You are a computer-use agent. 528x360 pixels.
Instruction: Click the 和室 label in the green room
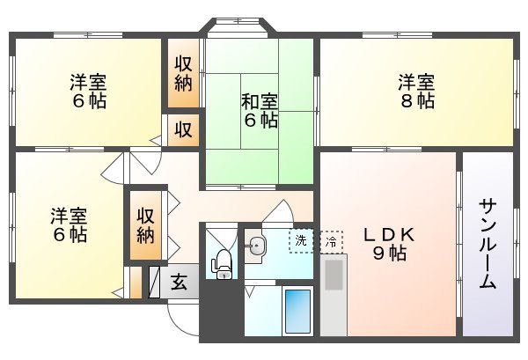260,100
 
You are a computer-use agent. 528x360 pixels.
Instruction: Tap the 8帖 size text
415,102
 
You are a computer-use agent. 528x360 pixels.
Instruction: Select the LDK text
385,235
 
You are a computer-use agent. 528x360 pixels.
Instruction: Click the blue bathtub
297,310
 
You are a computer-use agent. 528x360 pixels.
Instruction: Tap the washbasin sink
256,246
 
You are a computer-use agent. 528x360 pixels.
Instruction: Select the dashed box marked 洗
302,240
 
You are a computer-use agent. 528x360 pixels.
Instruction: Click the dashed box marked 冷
330,240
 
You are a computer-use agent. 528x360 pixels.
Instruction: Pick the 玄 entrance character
179,283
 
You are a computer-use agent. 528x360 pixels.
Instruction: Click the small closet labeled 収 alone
183,129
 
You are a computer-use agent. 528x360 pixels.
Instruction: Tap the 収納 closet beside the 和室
183,75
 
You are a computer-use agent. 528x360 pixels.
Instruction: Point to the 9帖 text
385,255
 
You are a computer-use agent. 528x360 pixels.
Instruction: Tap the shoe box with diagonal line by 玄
155,283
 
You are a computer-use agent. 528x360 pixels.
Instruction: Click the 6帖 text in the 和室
260,121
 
